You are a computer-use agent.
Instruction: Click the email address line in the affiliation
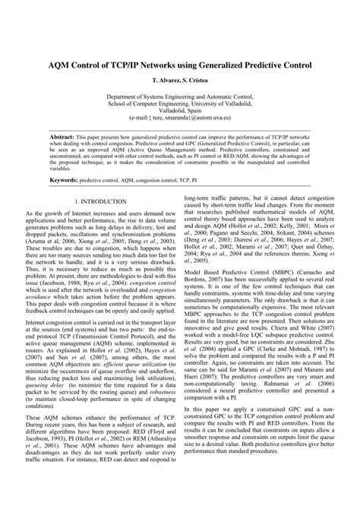(180, 119)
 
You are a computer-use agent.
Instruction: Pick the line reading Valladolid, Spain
(180, 112)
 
